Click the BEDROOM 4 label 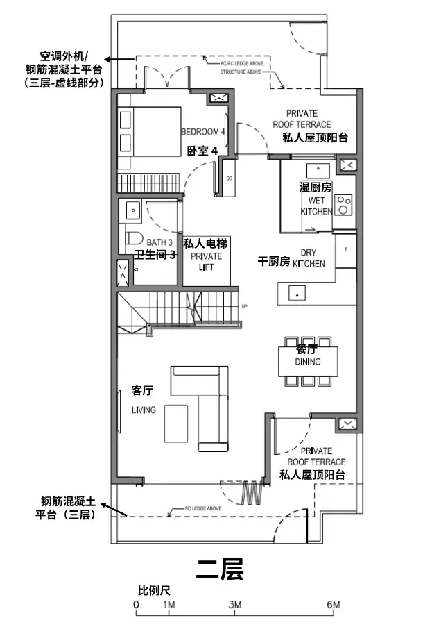click(203, 132)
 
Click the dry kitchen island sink click(296, 293)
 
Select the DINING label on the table click(308, 362)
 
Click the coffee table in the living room click(175, 422)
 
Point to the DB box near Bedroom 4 click(230, 178)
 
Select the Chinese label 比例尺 click(154, 591)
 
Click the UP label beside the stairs click(243, 306)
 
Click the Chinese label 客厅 click(142, 392)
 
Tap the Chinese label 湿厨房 click(316, 187)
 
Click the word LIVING click(144, 410)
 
